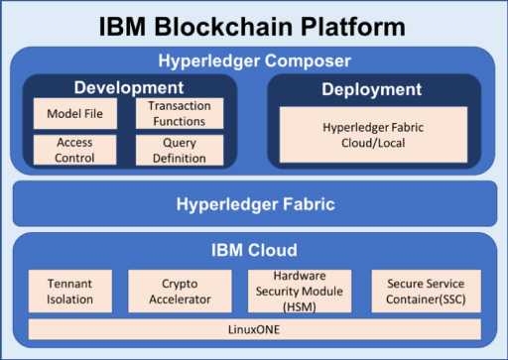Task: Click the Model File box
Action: click(75, 113)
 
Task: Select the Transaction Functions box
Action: click(180, 113)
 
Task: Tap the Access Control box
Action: click(74, 150)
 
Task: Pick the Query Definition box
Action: click(180, 150)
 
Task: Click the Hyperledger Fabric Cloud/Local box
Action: click(373, 135)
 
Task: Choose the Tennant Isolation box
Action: click(70, 292)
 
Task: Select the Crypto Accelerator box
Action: click(180, 292)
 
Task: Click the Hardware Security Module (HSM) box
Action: click(300, 292)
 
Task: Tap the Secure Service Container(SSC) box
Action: click(426, 292)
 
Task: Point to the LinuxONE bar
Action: click(255, 329)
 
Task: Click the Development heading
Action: click(129, 87)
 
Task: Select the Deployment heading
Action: click(372, 89)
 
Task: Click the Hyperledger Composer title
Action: click(254, 60)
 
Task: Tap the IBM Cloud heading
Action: click(254, 250)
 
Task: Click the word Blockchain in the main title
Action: click(223, 27)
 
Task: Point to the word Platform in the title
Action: click(353, 27)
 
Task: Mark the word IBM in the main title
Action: click(122, 27)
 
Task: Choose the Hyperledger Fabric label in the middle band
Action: click(256, 204)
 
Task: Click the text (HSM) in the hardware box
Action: click(300, 307)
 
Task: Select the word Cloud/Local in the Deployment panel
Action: click(373, 143)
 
